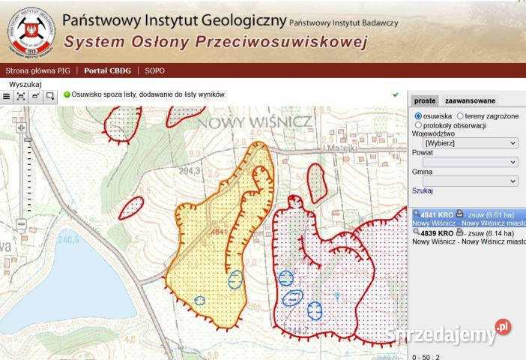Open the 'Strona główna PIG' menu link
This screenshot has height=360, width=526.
pyautogui.click(x=37, y=70)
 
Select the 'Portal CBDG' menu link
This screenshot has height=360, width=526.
pyautogui.click(x=107, y=70)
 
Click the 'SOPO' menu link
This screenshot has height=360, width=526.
pyautogui.click(x=155, y=70)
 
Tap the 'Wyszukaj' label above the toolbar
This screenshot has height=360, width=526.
pyautogui.click(x=25, y=84)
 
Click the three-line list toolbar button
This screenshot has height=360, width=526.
pyautogui.click(x=7, y=96)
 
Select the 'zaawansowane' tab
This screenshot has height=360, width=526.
pyautogui.click(x=470, y=100)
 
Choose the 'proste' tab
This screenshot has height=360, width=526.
pyautogui.click(x=425, y=100)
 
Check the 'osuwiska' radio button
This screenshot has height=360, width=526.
pyautogui.click(x=418, y=116)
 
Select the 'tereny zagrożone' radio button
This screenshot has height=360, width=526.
pyautogui.click(x=460, y=116)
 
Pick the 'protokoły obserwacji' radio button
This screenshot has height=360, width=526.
pyautogui.click(x=418, y=125)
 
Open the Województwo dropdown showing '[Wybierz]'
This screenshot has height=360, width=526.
pyautogui.click(x=471, y=142)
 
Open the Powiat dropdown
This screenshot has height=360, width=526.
pyautogui.click(x=471, y=162)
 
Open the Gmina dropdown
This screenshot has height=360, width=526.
pyautogui.click(x=471, y=181)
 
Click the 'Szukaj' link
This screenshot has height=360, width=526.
pyautogui.click(x=423, y=191)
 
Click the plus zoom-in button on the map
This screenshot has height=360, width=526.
pyautogui.click(x=21, y=127)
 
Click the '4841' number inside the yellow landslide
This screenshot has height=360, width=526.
pyautogui.click(x=219, y=232)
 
